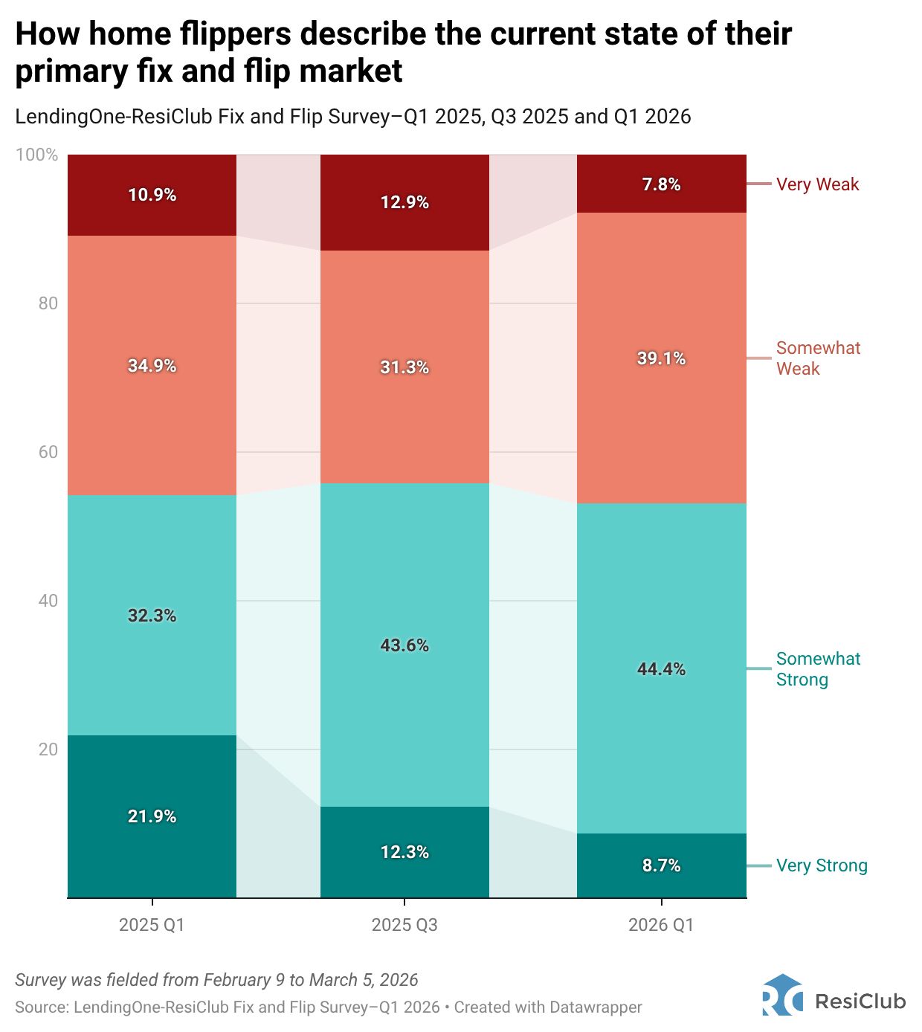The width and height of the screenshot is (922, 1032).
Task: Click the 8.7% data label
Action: (661, 865)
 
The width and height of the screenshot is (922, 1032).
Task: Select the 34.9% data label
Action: (152, 366)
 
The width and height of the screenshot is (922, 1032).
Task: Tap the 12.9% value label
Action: (404, 202)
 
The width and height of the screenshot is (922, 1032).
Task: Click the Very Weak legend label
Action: (817, 184)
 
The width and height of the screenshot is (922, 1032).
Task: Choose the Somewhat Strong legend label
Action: (818, 669)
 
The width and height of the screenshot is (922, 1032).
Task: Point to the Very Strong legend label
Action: (822, 865)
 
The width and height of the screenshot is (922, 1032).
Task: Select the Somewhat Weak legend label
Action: (818, 358)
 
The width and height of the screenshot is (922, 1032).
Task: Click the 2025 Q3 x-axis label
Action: (404, 925)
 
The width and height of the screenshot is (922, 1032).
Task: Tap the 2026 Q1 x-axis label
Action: (661, 925)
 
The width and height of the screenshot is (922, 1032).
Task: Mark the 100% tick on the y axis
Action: (36, 155)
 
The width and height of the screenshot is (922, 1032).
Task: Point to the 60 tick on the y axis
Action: (48, 452)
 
